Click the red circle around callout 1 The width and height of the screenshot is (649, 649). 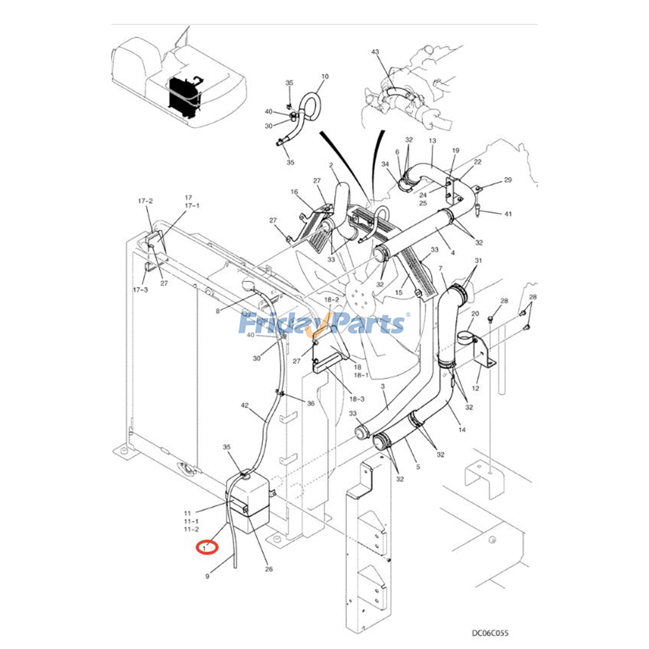point(207,548)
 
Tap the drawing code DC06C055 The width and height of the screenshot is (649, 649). point(490,633)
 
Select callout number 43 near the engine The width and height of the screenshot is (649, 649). point(375,52)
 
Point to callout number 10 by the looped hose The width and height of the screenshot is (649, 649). point(325,76)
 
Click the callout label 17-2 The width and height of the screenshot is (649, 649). point(145,201)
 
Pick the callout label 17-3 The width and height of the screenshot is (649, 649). point(140,290)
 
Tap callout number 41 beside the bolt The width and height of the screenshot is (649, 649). point(508,214)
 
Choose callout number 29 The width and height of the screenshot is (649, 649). point(508,180)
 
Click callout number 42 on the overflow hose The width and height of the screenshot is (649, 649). point(245,405)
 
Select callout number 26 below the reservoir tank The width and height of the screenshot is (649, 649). point(269,569)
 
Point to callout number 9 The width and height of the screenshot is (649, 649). point(207,576)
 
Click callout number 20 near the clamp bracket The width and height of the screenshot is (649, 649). point(475,314)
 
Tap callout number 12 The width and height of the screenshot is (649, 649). point(475,388)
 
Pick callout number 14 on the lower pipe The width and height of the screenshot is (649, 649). point(462,430)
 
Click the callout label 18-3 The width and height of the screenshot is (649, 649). point(357,399)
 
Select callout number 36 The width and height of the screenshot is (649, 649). point(311,403)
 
